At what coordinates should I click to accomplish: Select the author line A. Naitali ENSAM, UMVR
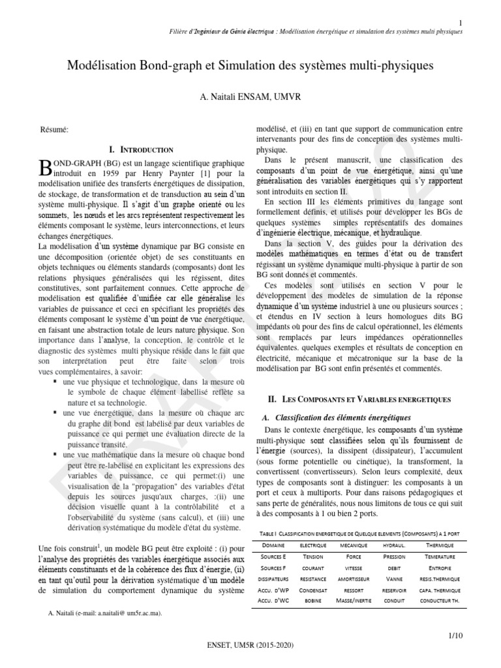pyautogui.click(x=250, y=97)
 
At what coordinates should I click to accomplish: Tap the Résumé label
pyautogui.click(x=54, y=130)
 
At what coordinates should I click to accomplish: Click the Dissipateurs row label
pyautogui.click(x=277, y=579)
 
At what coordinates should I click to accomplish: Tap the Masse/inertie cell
pyautogui.click(x=354, y=600)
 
